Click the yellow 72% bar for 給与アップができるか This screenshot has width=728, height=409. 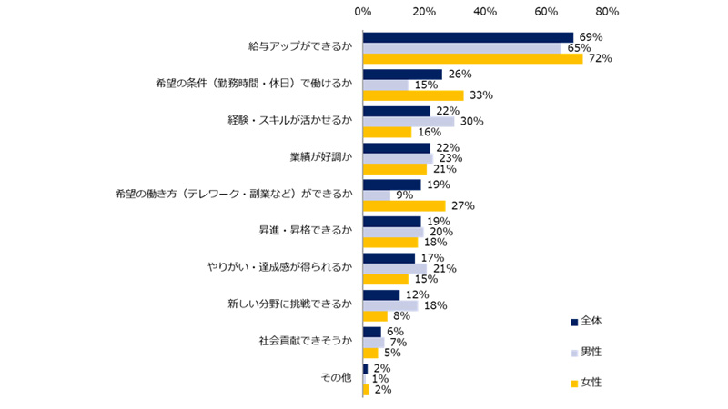[x=472, y=59]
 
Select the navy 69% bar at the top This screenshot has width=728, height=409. [x=468, y=37]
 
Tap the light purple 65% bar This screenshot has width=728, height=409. [x=461, y=48]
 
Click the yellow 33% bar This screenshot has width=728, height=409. [x=413, y=95]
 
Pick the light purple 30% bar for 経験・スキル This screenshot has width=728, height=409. [x=409, y=122]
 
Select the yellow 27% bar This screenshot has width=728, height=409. [x=404, y=205]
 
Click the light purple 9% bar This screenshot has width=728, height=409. [x=377, y=195]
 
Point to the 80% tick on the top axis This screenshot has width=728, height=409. [x=607, y=12]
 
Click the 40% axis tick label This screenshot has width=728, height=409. [x=485, y=12]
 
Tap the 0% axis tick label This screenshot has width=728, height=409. [x=362, y=12]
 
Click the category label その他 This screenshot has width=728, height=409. [x=334, y=378]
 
